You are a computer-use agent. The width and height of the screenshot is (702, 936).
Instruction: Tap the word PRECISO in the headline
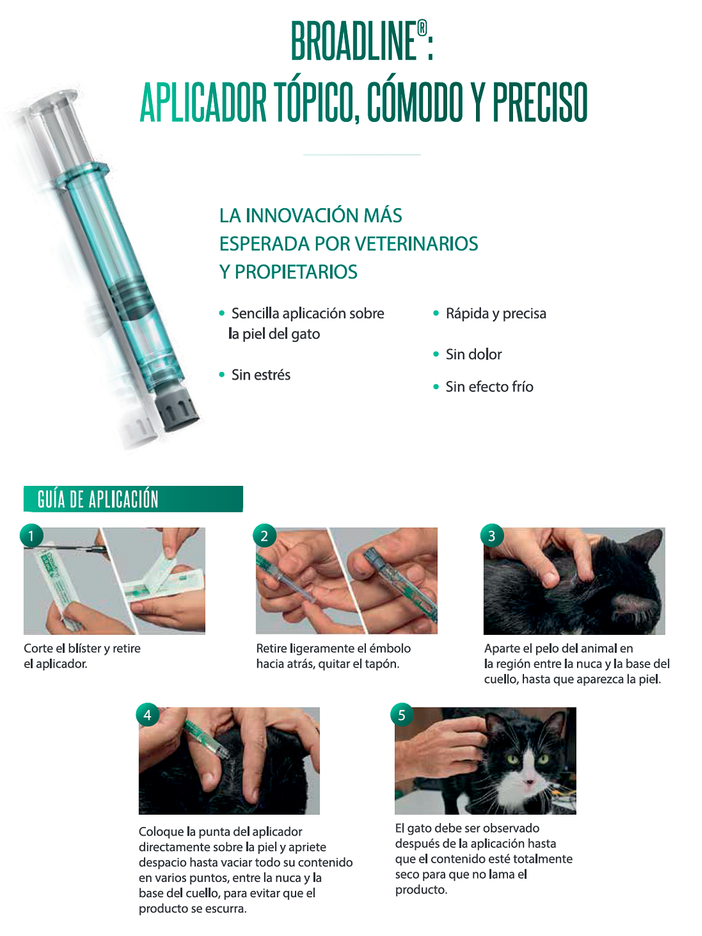tap(540, 102)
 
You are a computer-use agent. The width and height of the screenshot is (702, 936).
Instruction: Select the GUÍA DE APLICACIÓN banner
tap(133, 499)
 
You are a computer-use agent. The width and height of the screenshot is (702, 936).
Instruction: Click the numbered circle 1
tap(31, 536)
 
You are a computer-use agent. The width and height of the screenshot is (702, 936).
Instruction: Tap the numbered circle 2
tap(264, 536)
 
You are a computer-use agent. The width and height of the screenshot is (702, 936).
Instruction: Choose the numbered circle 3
tap(491, 536)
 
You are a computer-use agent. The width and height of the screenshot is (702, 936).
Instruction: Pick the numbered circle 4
tap(147, 715)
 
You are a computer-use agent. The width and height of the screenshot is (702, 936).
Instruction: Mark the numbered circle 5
tap(401, 715)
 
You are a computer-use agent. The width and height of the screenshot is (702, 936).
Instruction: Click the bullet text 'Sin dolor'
tap(473, 355)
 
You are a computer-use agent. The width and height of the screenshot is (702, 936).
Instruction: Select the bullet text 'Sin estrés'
tap(260, 375)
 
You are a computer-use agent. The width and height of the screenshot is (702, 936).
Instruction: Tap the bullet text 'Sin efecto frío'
tap(489, 387)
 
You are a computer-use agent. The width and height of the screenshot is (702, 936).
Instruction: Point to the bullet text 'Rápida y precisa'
tap(495, 313)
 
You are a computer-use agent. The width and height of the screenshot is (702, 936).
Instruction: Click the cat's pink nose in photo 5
tap(528, 783)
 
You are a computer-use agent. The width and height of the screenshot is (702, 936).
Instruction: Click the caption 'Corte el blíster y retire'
tap(82, 648)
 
